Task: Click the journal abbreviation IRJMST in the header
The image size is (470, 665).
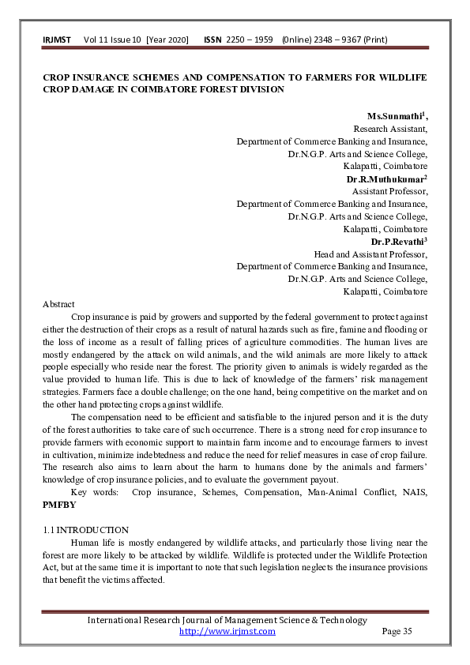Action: point(57,39)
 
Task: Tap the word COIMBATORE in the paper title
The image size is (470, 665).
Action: point(210,89)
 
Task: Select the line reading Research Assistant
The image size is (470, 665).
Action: point(390,129)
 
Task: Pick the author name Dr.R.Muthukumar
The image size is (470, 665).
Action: point(385,179)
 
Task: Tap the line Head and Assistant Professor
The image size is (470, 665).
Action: point(370,254)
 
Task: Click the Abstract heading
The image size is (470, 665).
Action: point(58,304)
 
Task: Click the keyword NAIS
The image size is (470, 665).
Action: point(414,491)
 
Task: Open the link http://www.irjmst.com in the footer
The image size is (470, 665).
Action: point(227,631)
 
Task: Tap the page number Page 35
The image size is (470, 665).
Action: point(397,631)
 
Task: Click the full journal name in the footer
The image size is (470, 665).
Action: point(227,620)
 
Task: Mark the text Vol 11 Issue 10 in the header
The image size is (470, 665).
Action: point(112,39)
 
